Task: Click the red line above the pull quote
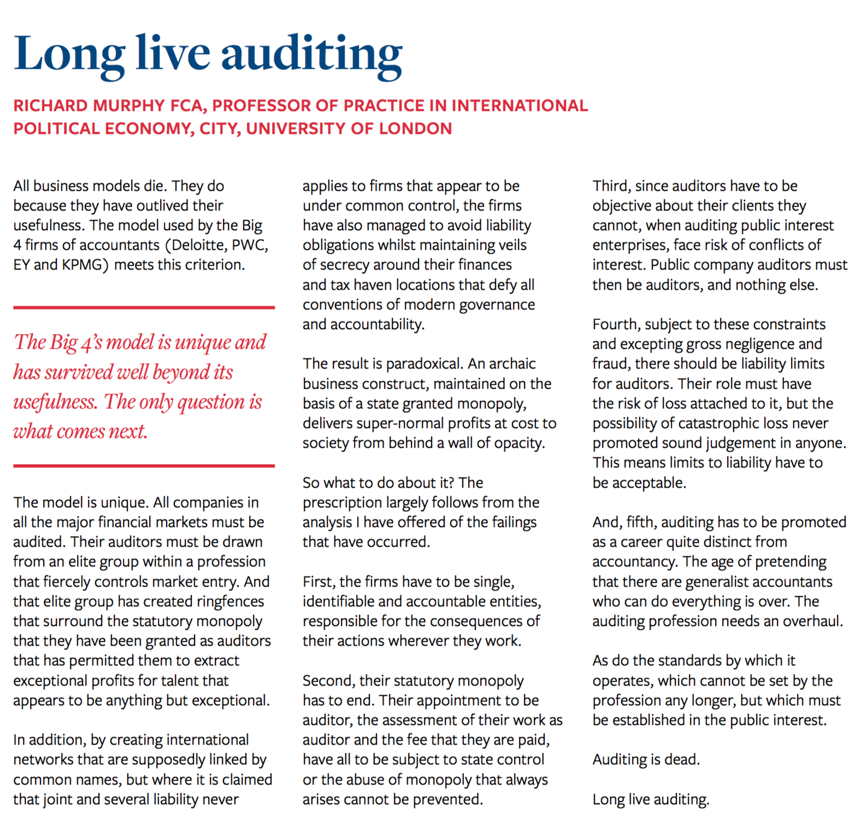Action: [144, 308]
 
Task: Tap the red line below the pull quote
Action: [144, 466]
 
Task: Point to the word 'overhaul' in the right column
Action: [812, 621]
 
